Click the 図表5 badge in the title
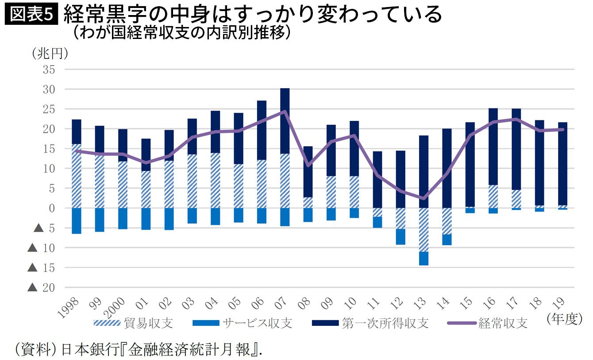click(31, 15)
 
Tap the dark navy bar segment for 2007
click(285, 121)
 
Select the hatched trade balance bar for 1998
click(77, 176)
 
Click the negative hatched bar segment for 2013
click(424, 230)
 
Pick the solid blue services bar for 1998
click(77, 221)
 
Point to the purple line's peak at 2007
click(285, 111)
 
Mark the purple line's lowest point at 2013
click(424, 198)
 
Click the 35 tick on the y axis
click(49, 70)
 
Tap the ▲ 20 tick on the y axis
click(41, 287)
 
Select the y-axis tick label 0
click(52, 209)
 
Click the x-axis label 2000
click(114, 308)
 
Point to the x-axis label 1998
click(68, 308)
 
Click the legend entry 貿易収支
click(134, 323)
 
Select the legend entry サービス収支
click(242, 323)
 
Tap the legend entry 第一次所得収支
click(370, 323)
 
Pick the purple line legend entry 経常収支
click(487, 323)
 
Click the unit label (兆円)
click(50, 54)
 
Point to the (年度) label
click(565, 319)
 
